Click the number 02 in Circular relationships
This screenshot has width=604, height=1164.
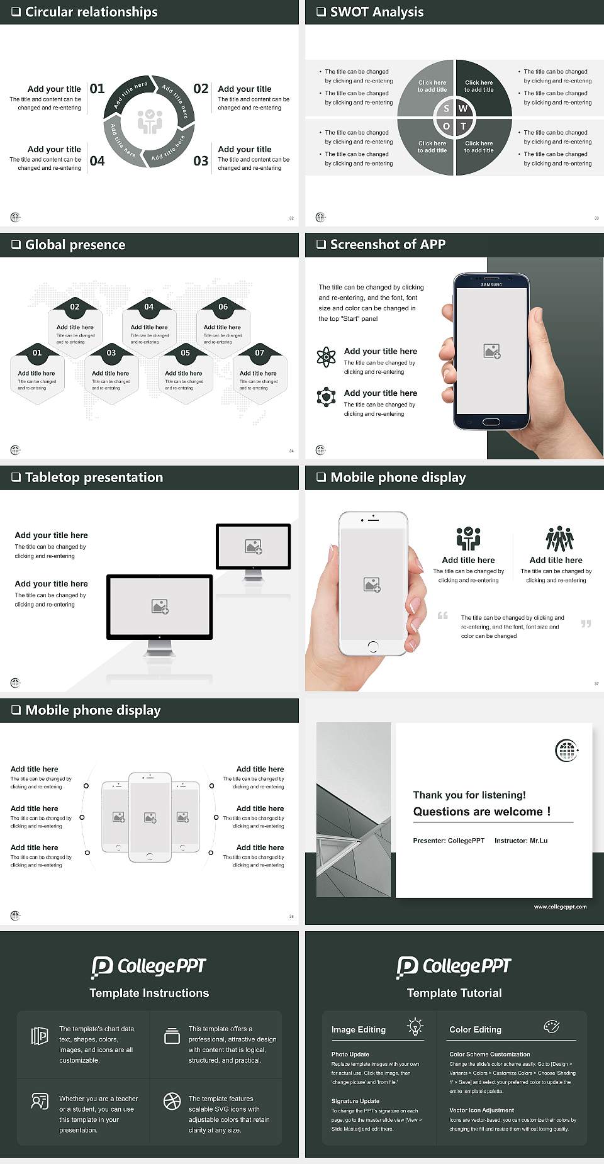201,89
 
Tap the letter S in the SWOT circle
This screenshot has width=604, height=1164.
446,108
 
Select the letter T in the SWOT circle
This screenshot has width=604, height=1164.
464,126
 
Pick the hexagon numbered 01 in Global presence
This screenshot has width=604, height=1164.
37,372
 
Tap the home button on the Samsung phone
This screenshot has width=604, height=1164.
491,422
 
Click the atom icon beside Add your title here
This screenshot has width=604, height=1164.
326,357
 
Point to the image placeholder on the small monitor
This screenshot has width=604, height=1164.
254,547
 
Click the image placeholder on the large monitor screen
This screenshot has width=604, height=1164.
160,606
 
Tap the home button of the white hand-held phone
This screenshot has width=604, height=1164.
372,646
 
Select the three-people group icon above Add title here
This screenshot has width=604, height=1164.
559,539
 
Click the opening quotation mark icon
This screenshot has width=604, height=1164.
443,615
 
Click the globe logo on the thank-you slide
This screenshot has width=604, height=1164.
566,750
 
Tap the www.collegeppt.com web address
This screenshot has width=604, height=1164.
560,907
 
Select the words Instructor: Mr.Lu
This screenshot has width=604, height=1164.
521,841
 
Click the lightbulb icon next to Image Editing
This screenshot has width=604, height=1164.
415,1026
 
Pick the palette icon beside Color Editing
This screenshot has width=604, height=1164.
551,1027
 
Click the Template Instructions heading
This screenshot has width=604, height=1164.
149,993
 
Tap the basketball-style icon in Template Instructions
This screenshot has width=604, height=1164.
172,1100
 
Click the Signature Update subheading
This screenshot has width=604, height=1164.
355,1101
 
